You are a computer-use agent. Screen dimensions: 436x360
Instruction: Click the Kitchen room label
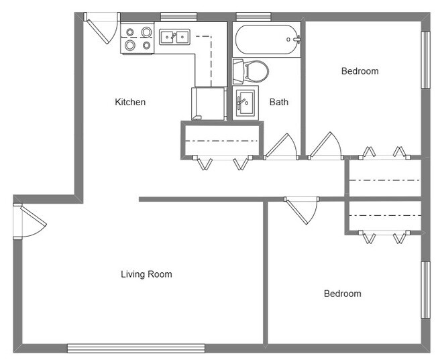(x=130, y=102)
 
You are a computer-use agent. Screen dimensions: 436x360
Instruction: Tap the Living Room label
(x=146, y=274)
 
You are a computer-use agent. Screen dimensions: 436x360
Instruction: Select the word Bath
(x=279, y=102)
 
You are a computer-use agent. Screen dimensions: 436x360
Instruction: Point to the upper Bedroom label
(x=360, y=71)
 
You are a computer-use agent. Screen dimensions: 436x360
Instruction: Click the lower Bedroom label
(x=343, y=294)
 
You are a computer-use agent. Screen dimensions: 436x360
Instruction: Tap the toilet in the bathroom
(x=251, y=72)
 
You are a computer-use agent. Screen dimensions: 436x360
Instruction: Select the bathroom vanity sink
(x=246, y=103)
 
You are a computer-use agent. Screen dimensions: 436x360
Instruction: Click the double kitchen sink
(x=174, y=37)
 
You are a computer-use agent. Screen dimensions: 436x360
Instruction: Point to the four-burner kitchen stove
(x=138, y=38)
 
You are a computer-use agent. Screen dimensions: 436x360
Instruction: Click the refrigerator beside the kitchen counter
(x=209, y=103)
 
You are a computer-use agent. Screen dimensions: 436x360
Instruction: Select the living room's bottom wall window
(x=136, y=349)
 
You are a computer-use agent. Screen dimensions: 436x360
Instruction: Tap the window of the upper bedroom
(x=425, y=60)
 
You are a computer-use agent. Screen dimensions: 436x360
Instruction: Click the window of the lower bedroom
(x=425, y=290)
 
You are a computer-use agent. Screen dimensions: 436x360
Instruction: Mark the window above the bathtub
(x=254, y=17)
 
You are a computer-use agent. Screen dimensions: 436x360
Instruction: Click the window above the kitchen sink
(x=179, y=17)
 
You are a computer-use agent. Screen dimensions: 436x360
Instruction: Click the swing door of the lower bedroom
(x=301, y=211)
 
